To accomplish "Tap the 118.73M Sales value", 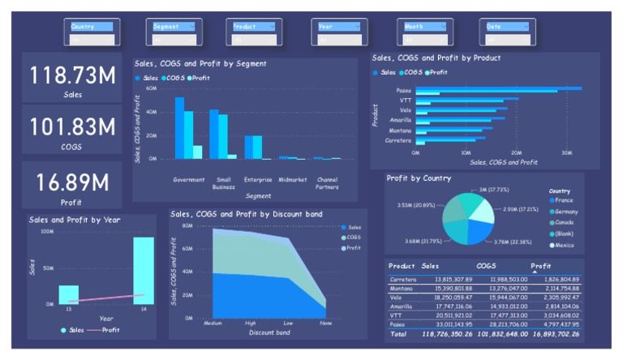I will pos(72,75).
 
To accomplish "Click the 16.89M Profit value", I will pos(72,182).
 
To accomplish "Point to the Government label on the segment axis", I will pos(188,178).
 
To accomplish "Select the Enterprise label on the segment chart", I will pos(258,178).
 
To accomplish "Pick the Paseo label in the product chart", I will pos(403,90).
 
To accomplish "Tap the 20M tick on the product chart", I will pos(516,152).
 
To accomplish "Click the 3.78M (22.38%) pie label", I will pos(513,241).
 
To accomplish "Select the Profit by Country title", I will pos(419,178).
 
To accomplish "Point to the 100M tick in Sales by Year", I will pos(46,232).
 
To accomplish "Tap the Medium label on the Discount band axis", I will pos(213,323).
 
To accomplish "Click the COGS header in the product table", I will pos(486,266).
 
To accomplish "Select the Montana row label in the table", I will pos(402,288).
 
